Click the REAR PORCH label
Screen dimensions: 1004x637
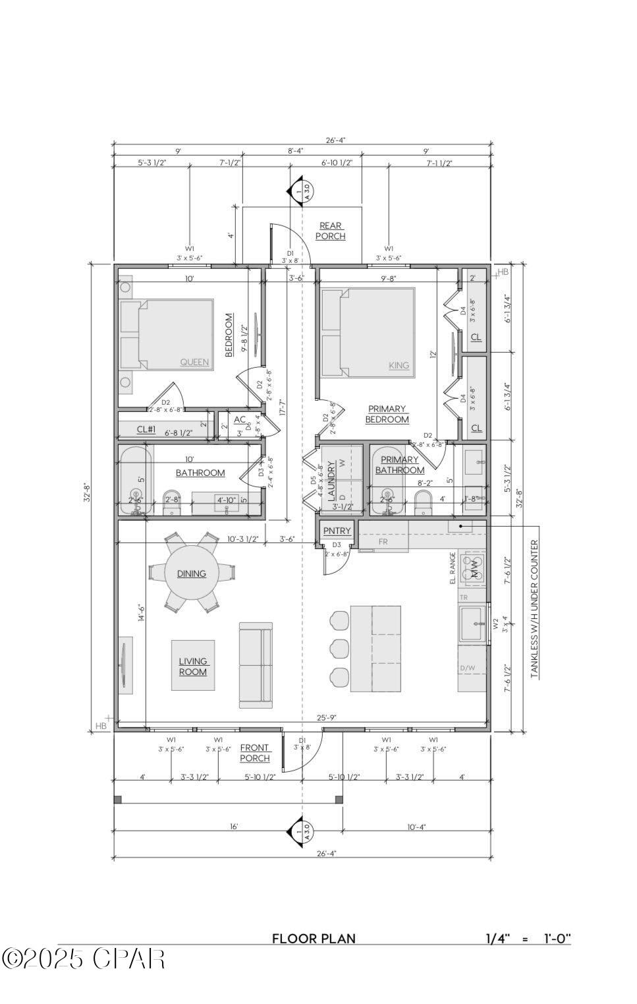(330, 231)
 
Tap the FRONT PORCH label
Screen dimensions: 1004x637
(254, 753)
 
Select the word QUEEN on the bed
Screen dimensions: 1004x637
(194, 362)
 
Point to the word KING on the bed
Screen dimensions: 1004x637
(399, 365)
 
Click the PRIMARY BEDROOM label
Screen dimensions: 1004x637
(387, 414)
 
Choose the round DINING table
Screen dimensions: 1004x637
(191, 574)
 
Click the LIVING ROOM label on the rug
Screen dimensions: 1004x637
(192, 666)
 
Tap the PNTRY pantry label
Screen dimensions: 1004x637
(337, 531)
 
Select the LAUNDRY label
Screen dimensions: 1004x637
(332, 479)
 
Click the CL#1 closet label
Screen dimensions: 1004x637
(146, 429)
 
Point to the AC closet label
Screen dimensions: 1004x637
(240, 419)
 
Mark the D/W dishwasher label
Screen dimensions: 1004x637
(467, 668)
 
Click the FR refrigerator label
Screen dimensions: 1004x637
(383, 542)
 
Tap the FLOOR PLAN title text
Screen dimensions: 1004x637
(314, 939)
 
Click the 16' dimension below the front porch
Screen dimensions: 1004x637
(234, 827)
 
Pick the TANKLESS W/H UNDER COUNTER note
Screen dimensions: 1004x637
(534, 609)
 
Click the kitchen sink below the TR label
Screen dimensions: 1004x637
(472, 624)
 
